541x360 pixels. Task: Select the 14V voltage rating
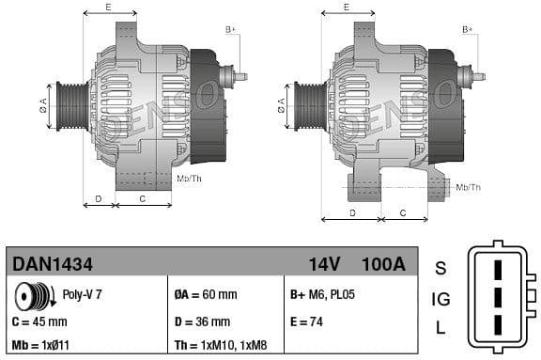(323, 265)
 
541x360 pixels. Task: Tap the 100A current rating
(384, 265)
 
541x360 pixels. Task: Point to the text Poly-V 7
(82, 294)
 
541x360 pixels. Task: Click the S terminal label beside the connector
(441, 269)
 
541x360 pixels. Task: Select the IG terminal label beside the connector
(441, 300)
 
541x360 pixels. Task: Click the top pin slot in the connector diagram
(499, 270)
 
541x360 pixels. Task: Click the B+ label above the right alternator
(468, 30)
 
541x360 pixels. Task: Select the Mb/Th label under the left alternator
(190, 178)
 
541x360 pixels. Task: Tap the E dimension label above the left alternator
(108, 8)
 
